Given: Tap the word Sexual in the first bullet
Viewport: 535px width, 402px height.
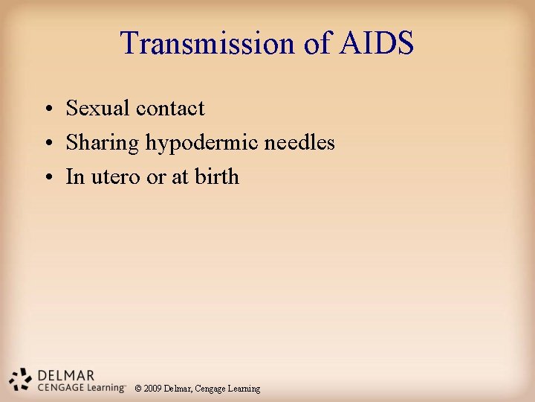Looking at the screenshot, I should pyautogui.click(x=97, y=109).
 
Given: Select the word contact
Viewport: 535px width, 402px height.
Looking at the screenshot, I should pyautogui.click(x=170, y=109).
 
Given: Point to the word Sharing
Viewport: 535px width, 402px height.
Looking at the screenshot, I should pyautogui.click(x=103, y=143).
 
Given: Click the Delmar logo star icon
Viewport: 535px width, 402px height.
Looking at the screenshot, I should pyautogui.click(x=20, y=379).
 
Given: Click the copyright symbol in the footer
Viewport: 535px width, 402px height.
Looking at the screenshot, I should pyautogui.click(x=137, y=389).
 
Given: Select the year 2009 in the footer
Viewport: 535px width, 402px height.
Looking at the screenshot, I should pyautogui.click(x=153, y=389).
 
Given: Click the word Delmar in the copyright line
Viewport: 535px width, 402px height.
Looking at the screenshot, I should pyautogui.click(x=178, y=389).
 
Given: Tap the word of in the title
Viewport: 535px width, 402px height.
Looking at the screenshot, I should pyautogui.click(x=317, y=43).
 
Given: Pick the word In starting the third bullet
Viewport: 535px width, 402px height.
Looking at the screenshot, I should pyautogui.click(x=74, y=177).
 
